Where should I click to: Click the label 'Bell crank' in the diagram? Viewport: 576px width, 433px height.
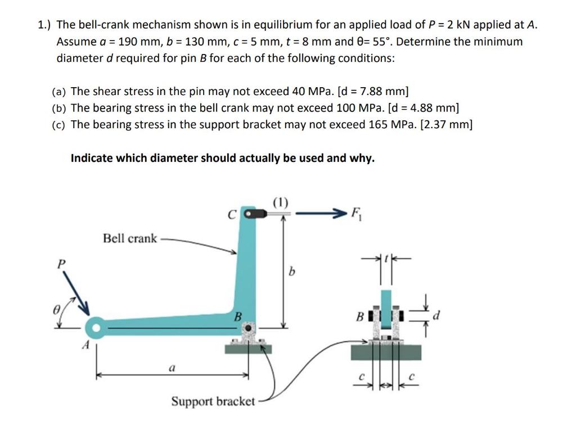(x=130, y=238)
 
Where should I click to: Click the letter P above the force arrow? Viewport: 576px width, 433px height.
(x=62, y=263)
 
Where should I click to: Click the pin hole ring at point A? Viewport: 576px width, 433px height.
(x=96, y=327)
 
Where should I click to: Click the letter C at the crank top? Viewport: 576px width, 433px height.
(x=231, y=214)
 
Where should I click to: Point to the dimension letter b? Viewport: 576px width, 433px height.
(x=291, y=273)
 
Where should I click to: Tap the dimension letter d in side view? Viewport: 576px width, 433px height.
(x=435, y=317)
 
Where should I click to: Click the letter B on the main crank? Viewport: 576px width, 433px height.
(x=237, y=317)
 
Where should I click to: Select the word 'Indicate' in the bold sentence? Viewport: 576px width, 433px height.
(x=91, y=158)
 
